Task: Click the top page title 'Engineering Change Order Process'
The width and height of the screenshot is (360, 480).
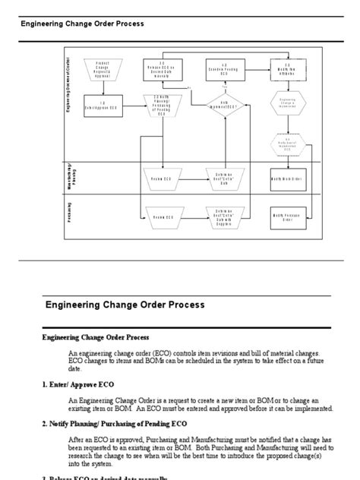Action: pyautogui.click(x=82, y=24)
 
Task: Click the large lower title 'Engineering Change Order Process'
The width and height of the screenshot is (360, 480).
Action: pyautogui.click(x=125, y=305)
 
